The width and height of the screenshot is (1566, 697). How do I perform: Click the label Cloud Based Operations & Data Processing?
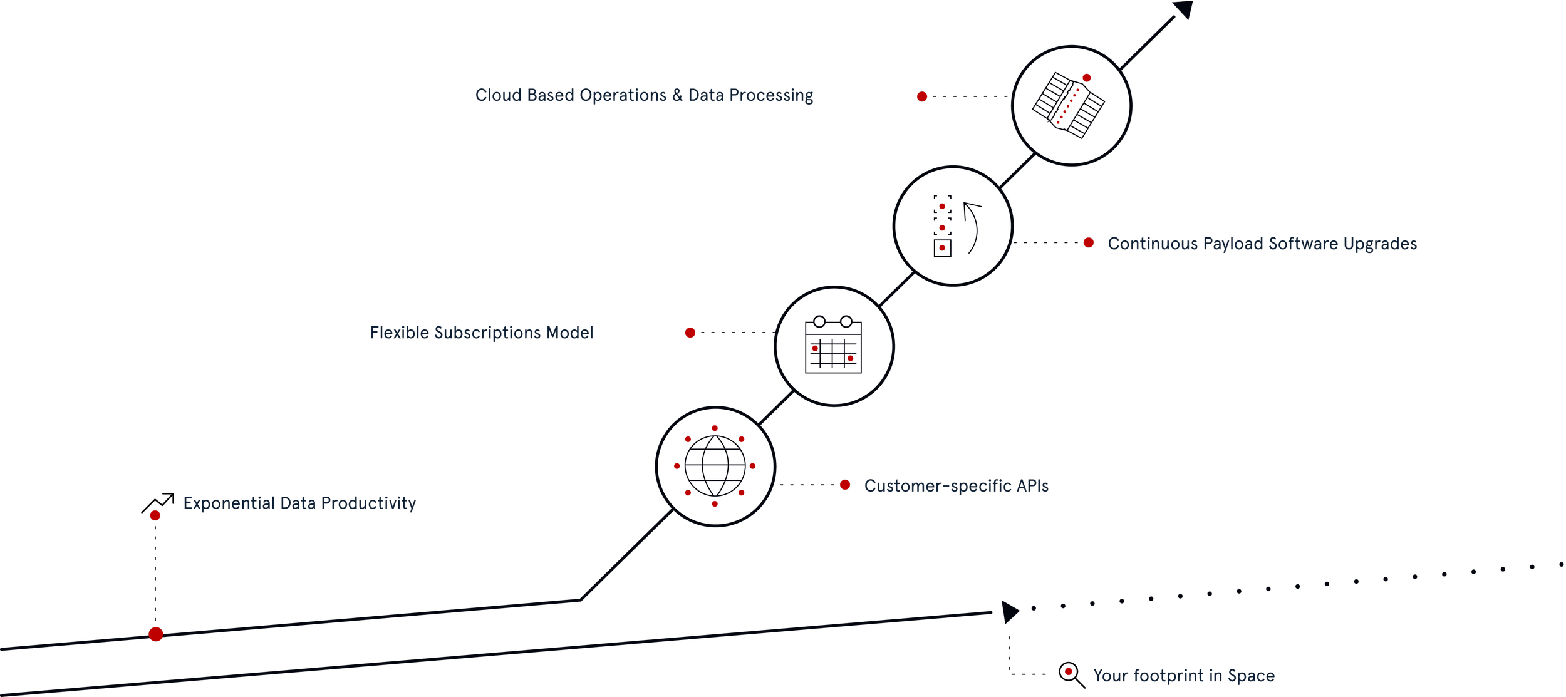click(644, 95)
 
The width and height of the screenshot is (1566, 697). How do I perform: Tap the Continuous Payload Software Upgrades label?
click(1262, 244)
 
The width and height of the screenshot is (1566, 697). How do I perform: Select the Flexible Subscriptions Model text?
click(481, 333)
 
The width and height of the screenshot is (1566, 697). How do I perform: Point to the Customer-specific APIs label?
click(956, 486)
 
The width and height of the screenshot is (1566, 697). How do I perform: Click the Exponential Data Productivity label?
click(299, 503)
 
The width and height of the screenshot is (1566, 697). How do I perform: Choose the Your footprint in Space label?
click(1183, 676)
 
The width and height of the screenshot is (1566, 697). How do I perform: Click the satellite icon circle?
click(1071, 106)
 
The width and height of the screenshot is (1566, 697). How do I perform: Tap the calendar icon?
click(833, 346)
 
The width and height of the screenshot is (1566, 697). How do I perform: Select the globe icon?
click(715, 467)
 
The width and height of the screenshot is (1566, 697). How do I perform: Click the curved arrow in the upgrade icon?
click(972, 227)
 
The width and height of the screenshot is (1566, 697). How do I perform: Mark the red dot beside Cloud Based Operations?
click(922, 96)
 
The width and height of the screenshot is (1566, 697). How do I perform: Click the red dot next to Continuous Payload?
click(1089, 242)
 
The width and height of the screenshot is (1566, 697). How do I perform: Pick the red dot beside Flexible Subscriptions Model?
click(690, 333)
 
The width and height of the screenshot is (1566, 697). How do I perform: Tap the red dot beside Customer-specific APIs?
click(845, 485)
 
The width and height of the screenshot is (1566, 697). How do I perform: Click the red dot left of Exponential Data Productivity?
click(155, 515)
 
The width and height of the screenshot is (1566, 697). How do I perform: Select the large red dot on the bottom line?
click(156, 634)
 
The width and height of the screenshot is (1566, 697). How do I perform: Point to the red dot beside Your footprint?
click(1069, 672)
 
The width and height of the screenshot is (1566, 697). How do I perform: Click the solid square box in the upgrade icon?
click(942, 248)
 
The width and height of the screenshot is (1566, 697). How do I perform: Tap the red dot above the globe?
click(715, 428)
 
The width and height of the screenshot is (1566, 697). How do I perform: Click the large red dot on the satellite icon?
click(1087, 78)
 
